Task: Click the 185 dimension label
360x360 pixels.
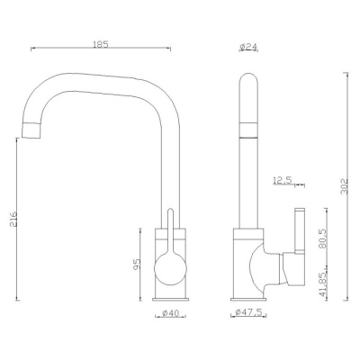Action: click(101, 44)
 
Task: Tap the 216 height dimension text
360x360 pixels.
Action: click(13, 219)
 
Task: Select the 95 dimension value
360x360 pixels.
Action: click(137, 264)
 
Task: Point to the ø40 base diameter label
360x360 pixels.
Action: click(170, 313)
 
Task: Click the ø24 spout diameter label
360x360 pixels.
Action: click(249, 47)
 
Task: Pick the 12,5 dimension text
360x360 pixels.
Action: click(283, 180)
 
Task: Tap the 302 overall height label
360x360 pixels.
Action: click(345, 186)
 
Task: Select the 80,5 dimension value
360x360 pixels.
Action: click(322, 238)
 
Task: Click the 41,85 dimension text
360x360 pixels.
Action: click(322, 284)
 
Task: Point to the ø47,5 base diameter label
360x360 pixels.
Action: click(248, 312)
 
